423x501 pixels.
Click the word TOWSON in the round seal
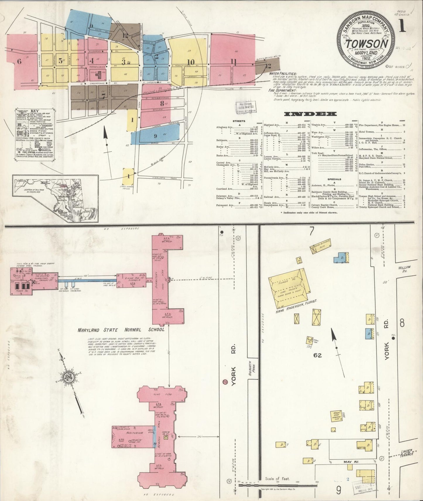click(368, 44)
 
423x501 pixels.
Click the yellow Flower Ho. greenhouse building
click(287, 289)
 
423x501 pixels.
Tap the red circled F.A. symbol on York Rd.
click(225, 382)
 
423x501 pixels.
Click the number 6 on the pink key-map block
click(19, 61)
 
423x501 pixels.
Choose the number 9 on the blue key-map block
click(155, 136)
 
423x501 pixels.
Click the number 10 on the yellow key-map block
click(191, 62)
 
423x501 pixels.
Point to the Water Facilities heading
click(283, 74)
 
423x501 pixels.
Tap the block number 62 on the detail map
click(317, 355)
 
